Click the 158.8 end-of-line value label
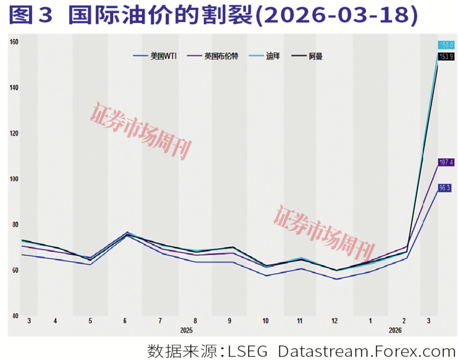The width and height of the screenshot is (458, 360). point(446,45)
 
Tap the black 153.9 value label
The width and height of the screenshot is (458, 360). point(446,56)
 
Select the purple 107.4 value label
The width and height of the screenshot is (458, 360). point(446,162)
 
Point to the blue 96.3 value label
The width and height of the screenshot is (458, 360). point(444,188)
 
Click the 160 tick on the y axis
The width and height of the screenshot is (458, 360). point(14,42)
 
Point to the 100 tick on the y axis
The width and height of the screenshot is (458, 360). point(14,179)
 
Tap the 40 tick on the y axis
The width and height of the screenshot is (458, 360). point(14,316)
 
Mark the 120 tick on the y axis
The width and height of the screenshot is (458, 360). point(14,133)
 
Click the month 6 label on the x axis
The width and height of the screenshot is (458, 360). point(125,321)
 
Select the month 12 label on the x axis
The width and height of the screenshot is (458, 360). point(335,321)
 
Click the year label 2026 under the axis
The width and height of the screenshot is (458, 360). point(395,330)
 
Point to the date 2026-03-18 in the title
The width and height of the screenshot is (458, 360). point(337,16)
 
